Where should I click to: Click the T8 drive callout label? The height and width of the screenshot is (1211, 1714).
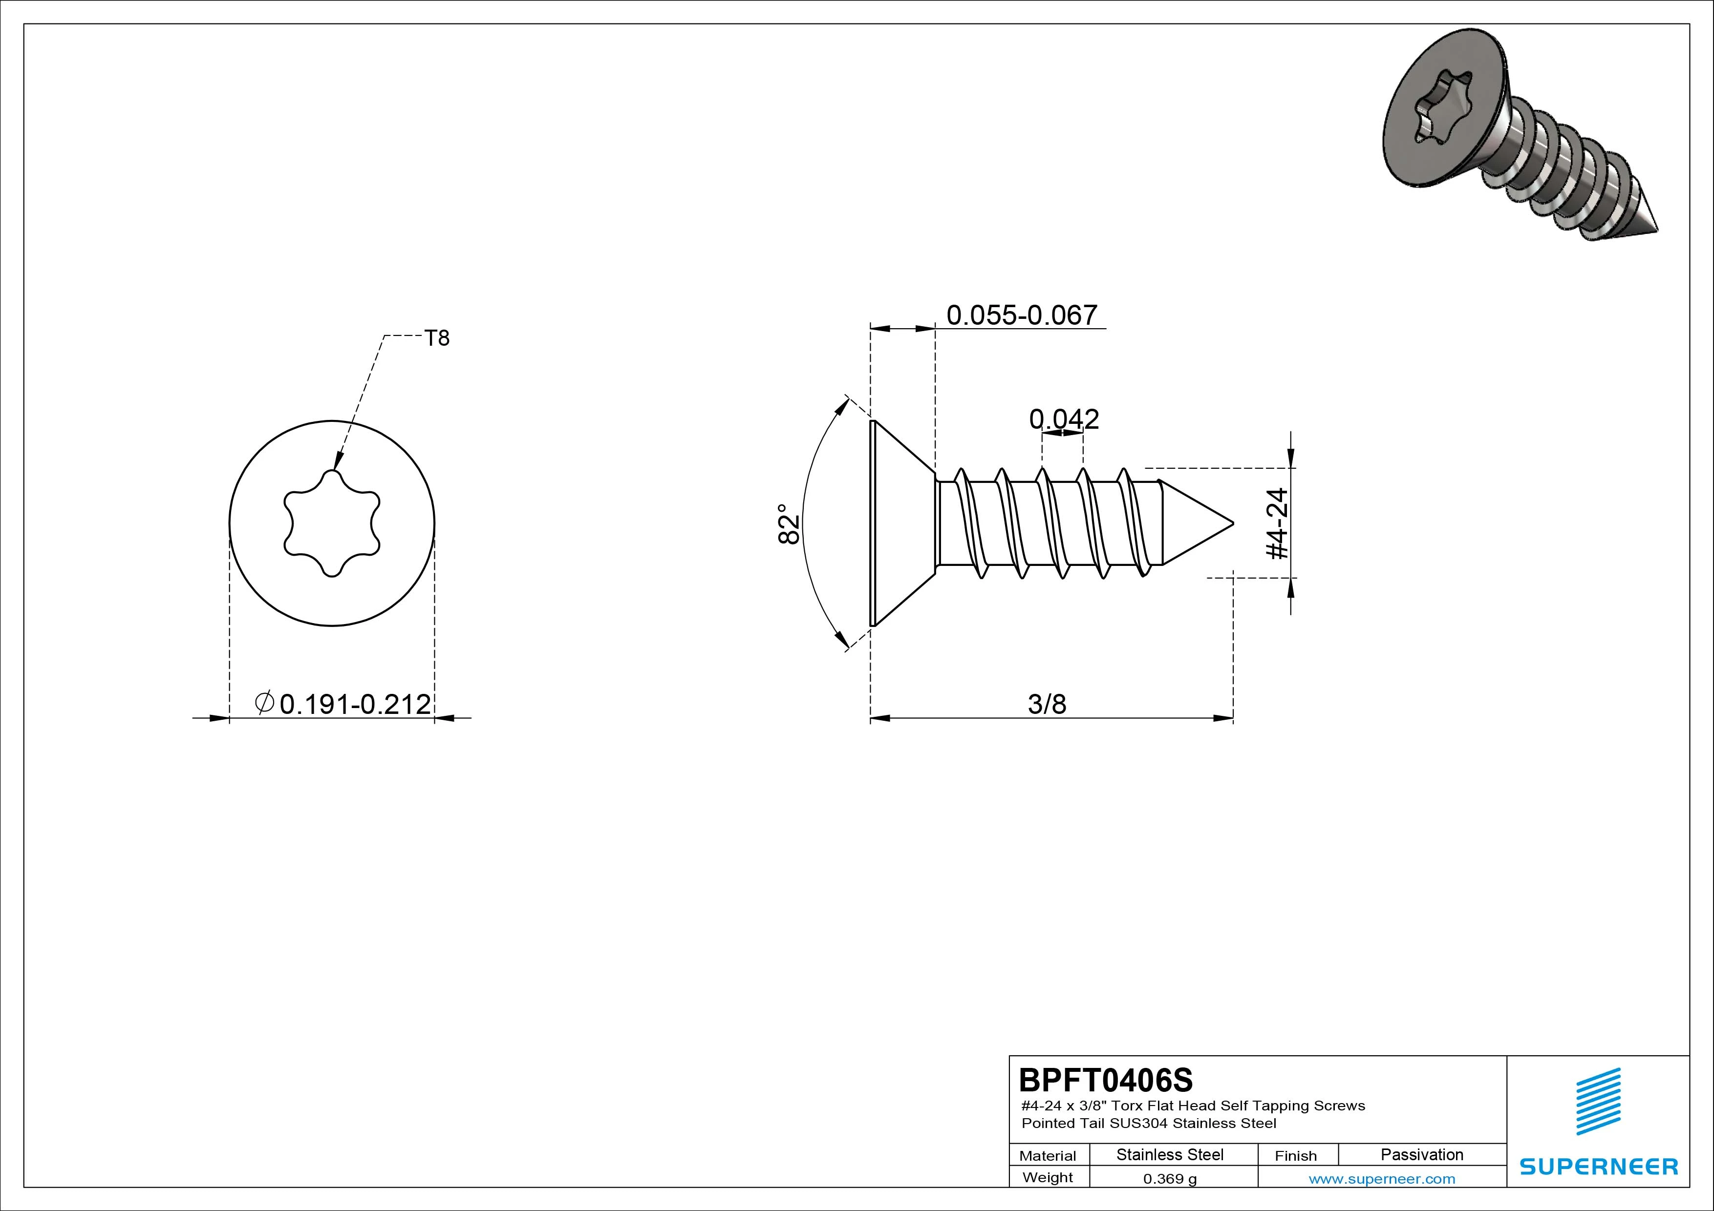point(437,339)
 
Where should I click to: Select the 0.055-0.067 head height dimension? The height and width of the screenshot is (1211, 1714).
point(1022,315)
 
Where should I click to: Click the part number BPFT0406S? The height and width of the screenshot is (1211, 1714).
point(1106,1080)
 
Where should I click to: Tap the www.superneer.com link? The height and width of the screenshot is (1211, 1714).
point(1382,1179)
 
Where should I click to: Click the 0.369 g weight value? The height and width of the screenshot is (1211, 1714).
point(1170,1179)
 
